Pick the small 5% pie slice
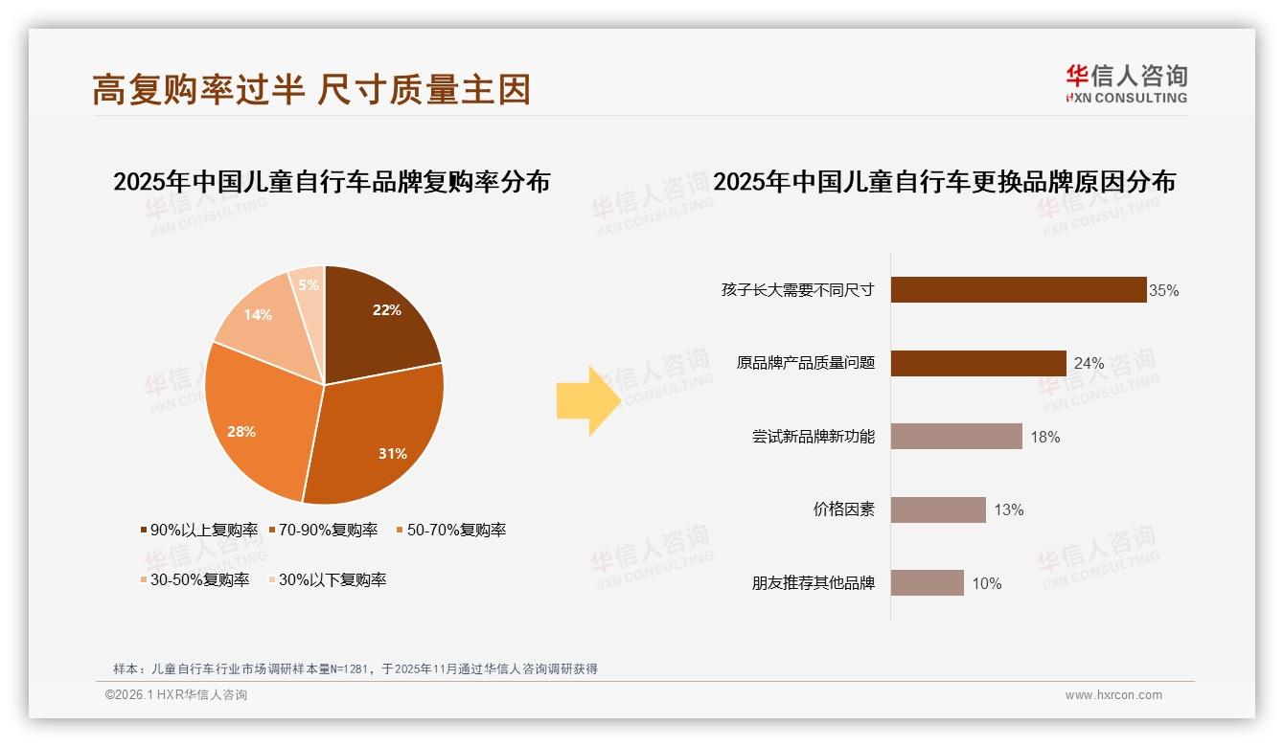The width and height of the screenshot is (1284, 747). [309, 284]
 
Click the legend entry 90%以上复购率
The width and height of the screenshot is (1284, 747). [198, 530]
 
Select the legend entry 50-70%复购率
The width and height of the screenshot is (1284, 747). [449, 530]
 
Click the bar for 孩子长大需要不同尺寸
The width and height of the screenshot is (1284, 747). [1018, 289]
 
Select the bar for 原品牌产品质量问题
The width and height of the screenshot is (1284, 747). [977, 363]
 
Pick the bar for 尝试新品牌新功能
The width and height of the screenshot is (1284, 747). [955, 436]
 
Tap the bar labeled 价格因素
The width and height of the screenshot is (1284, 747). [937, 509]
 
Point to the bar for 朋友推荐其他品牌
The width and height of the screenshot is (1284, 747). [927, 582]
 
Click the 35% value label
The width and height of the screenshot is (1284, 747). [1163, 290]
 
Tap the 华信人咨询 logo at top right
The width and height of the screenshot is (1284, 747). [1126, 83]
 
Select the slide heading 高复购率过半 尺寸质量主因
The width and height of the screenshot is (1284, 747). [311, 89]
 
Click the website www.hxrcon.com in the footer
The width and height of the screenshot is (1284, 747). [1113, 695]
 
